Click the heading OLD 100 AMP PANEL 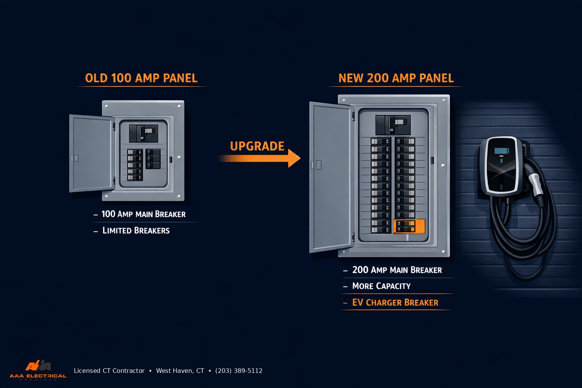[x=141, y=78]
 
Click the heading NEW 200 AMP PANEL [x=396, y=78]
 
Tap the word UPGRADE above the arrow [x=257, y=146]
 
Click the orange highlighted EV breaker [x=409, y=226]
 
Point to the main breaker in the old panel [x=144, y=133]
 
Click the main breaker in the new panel [x=393, y=125]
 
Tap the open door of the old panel [x=91, y=153]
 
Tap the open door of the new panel [x=330, y=177]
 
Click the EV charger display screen [x=501, y=151]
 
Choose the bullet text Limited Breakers [x=136, y=231]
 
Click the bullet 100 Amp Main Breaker [x=143, y=214]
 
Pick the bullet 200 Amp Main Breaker [x=397, y=270]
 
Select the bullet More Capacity [x=381, y=286]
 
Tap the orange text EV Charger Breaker [x=395, y=303]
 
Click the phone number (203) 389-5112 [x=239, y=371]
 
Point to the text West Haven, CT [x=180, y=371]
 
